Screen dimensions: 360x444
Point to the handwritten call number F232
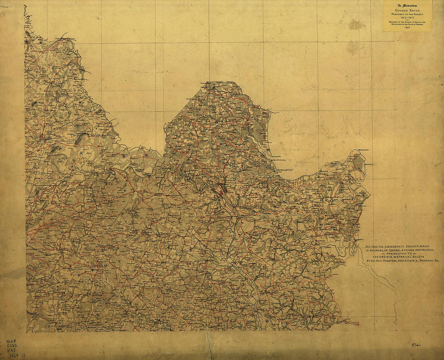[12, 346]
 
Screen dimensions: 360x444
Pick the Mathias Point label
[364, 150]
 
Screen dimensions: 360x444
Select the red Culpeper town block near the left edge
[42, 137]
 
